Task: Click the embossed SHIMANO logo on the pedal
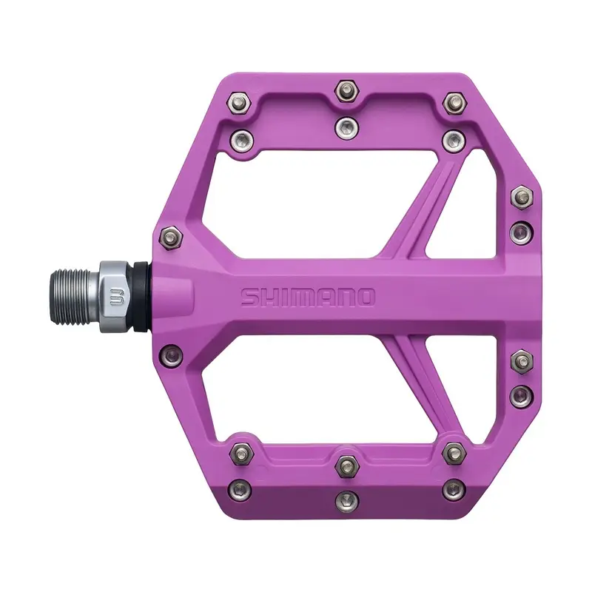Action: (x=308, y=297)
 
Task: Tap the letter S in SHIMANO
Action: (x=250, y=297)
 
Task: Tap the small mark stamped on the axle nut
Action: (x=113, y=297)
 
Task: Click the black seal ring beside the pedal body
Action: (x=141, y=297)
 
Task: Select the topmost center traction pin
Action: (x=347, y=91)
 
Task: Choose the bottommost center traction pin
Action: (x=347, y=501)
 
